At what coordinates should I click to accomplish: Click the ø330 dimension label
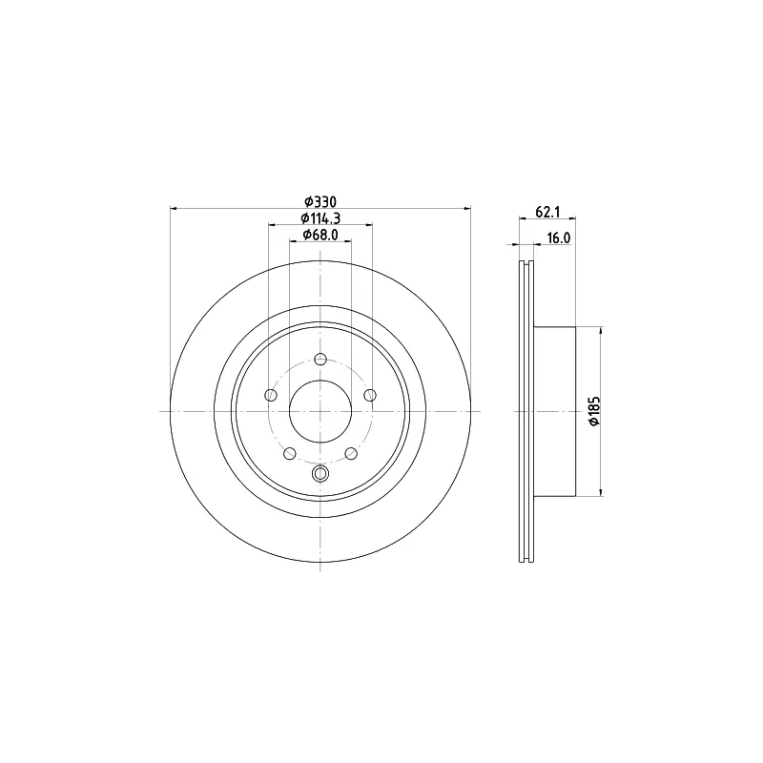(320, 201)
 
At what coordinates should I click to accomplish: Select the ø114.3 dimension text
(320, 218)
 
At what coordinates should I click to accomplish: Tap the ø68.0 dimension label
(320, 235)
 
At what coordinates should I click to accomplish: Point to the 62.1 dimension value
(547, 212)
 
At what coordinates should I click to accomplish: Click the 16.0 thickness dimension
(558, 237)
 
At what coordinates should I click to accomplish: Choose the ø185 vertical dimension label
(594, 411)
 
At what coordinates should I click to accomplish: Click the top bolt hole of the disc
(320, 360)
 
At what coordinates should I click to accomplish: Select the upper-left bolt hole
(271, 395)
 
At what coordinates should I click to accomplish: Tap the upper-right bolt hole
(370, 395)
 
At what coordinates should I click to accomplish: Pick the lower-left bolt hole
(290, 454)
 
